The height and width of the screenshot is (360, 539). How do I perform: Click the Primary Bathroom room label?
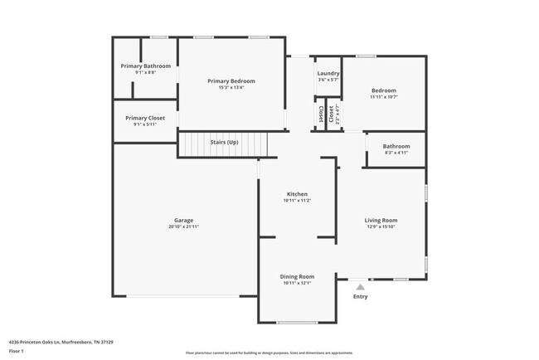145,66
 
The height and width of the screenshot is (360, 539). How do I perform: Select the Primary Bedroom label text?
231,81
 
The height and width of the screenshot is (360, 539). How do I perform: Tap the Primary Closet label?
145,118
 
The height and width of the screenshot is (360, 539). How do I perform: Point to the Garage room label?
183,221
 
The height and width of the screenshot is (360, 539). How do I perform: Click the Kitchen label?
298,193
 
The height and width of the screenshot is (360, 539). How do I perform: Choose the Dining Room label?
298,276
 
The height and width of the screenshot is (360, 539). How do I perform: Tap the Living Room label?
381,221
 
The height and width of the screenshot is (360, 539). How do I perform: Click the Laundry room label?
328,73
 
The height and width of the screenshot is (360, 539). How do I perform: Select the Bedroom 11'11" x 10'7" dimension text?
383,97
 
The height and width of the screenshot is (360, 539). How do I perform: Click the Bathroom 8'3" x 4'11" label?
396,147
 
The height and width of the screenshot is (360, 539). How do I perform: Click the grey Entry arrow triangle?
360,286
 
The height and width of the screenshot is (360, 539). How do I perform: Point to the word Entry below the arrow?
360,297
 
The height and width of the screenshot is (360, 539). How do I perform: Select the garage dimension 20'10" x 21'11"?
183,227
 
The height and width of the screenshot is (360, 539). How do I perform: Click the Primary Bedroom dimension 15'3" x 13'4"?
231,88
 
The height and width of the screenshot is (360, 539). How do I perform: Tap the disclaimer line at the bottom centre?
269,352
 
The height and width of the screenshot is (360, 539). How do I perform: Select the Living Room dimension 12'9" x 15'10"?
381,227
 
